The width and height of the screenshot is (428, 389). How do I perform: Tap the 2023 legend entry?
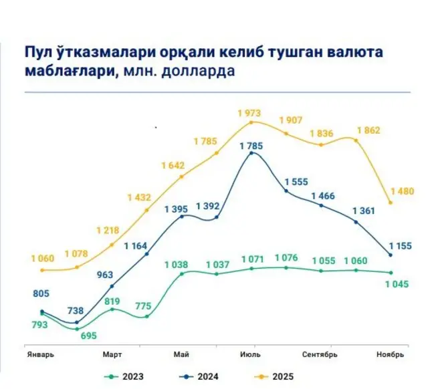pos(127,376)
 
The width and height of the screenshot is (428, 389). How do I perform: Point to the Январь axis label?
pos(39,354)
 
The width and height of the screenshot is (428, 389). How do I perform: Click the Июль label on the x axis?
pos(250,354)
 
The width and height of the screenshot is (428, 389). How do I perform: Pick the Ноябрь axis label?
pos(391,354)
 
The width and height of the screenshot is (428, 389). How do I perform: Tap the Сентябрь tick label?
pos(320,354)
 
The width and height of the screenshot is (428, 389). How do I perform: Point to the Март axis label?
pos(112,354)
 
